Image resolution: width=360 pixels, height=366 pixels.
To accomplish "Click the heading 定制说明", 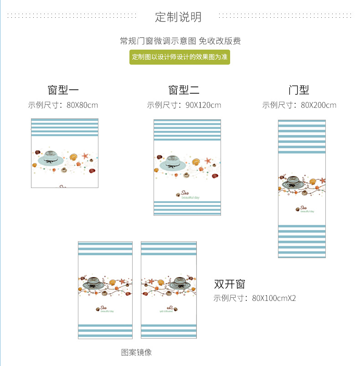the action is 178,17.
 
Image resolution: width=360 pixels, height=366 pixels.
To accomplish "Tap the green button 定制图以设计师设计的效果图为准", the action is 180,57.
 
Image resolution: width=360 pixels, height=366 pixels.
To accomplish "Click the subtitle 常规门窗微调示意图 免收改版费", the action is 180,41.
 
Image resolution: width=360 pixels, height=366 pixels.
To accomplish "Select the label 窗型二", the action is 184,90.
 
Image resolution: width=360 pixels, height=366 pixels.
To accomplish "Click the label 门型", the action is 298,90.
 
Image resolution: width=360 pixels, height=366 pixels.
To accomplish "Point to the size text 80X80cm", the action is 82,105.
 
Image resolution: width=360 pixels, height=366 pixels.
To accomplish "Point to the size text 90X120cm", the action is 203,105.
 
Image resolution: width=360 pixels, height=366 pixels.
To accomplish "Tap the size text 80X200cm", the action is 319,105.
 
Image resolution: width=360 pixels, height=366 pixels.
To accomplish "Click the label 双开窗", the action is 230,284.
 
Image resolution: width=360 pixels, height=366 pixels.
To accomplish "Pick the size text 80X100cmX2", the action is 274,298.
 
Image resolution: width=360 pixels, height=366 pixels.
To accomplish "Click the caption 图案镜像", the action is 136,352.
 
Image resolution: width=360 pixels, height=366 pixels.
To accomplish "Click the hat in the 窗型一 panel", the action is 51,158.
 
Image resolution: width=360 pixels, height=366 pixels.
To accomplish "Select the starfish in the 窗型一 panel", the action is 84,156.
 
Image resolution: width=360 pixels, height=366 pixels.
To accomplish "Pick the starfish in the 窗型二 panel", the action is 208,161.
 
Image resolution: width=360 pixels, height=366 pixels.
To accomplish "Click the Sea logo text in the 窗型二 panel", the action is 186,193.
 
